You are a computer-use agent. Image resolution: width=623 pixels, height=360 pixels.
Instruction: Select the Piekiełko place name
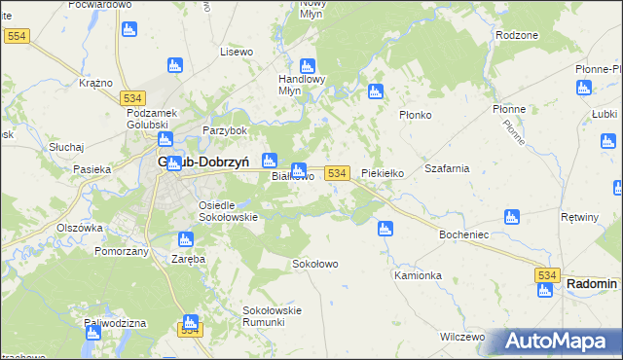383,173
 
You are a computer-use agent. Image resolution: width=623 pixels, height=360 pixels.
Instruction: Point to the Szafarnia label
447,167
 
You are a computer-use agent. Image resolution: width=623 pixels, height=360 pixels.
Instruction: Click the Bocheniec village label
469,235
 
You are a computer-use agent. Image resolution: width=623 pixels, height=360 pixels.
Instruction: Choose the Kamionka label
418,275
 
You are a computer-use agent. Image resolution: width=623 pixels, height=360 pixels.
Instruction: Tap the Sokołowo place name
314,264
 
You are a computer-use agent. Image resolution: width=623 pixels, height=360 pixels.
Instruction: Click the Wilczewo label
462,337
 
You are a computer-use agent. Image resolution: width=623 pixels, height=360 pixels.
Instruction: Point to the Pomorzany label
121,251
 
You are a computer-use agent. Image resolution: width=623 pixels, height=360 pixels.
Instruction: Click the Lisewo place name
237,51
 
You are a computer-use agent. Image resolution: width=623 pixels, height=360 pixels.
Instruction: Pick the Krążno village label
96,83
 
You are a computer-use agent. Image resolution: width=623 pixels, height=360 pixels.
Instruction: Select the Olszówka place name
80,228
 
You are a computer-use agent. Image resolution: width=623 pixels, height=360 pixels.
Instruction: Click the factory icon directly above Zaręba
183,239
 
